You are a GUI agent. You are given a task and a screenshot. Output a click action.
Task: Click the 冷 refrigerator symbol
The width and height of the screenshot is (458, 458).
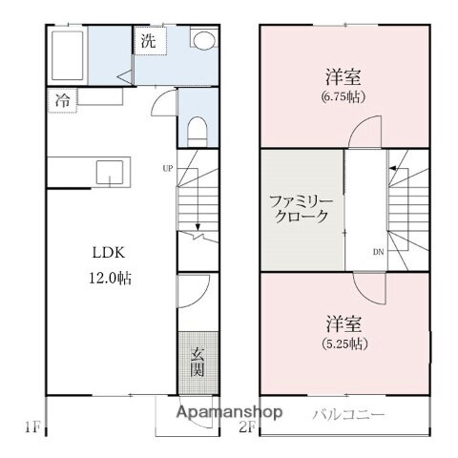pyautogui.click(x=61, y=97)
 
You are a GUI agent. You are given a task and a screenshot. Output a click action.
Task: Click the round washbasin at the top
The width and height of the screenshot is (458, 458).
pyautogui.click(x=203, y=40)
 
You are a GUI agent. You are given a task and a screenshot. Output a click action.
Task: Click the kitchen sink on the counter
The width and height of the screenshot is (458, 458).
pyautogui.click(x=108, y=173)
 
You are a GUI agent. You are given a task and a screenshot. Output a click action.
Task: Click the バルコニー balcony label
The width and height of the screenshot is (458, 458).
pyautogui.click(x=348, y=415)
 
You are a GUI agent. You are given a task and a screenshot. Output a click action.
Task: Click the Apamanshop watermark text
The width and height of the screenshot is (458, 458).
pyautogui.click(x=234, y=413)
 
